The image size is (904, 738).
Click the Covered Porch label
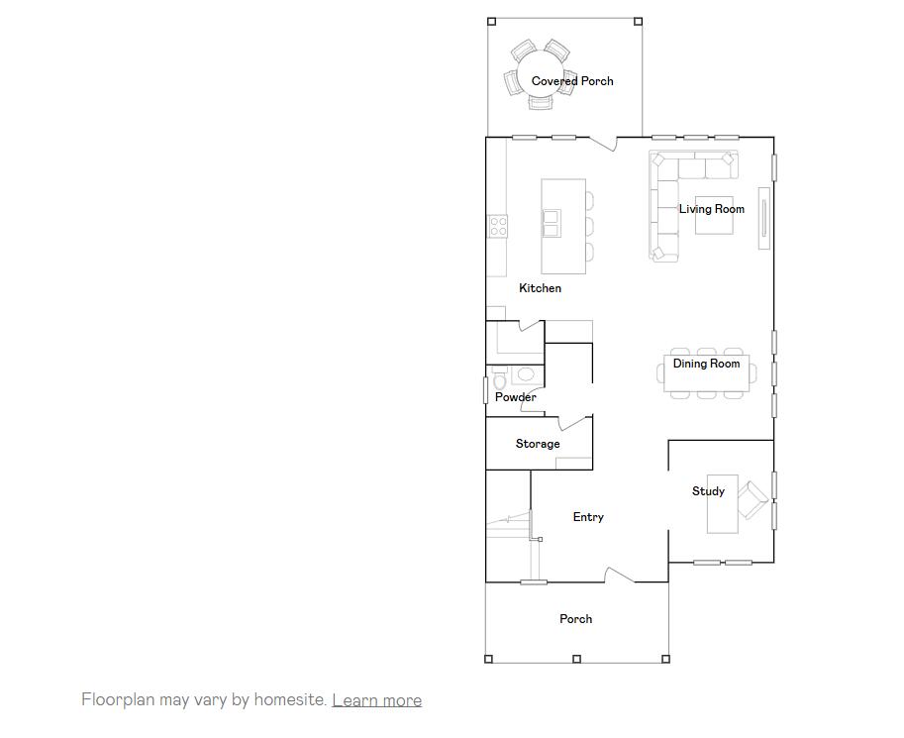point(572,81)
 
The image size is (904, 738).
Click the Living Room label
point(711,209)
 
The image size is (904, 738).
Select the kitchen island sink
point(551,223)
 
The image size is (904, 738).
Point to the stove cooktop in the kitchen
point(497,227)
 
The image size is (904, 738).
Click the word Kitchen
point(540,288)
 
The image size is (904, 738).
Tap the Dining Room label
point(706,364)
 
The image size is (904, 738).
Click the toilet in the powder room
point(499,379)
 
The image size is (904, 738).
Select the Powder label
point(515,397)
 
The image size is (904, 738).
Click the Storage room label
point(538,444)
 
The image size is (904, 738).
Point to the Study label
point(708,491)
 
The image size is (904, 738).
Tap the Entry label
point(588,517)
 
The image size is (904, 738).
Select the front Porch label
point(575,619)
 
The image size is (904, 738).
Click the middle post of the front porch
point(576,659)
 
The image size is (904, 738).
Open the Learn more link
point(376,700)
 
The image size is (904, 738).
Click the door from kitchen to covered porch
point(603,144)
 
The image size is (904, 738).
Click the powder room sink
point(525,374)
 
